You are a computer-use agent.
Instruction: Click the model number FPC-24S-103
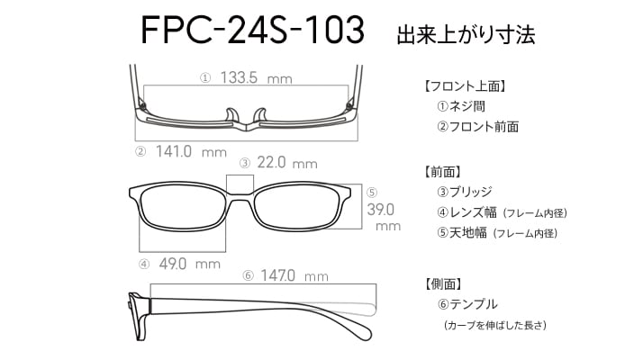pos(252,30)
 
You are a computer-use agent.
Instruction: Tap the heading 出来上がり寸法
pos(466,35)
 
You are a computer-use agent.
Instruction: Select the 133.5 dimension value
pos(239,77)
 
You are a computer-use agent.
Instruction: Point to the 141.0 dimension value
pos(174,152)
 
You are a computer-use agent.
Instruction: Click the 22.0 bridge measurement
pos(271,163)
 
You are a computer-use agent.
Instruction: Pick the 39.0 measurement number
pos(381,210)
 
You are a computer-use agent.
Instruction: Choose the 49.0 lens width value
pos(173,264)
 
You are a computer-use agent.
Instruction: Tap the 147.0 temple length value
pos(277,275)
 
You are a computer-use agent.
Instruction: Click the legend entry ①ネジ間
pos(461,106)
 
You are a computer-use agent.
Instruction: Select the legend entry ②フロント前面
pos(477,127)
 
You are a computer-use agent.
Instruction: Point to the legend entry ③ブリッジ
pos(464,192)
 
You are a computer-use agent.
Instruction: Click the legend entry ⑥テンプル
pos(467,304)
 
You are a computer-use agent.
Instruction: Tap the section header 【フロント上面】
pos(464,86)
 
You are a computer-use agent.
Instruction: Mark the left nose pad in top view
pos(232,115)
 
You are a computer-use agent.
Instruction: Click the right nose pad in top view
pos(260,115)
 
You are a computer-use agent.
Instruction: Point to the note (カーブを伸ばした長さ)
pos(495,326)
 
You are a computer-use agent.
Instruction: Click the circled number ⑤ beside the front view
pos(372,193)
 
